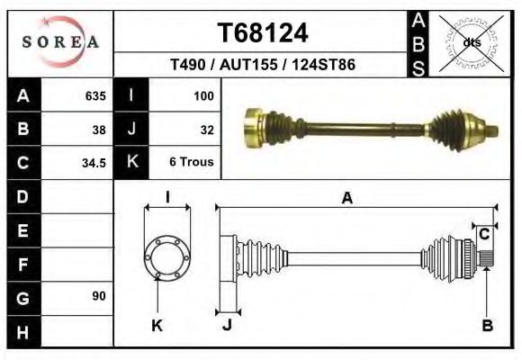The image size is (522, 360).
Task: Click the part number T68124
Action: (x=263, y=33)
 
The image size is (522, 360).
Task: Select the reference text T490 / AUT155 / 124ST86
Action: (x=263, y=66)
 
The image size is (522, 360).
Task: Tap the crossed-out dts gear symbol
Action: (x=470, y=41)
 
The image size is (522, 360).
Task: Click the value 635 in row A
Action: (x=94, y=96)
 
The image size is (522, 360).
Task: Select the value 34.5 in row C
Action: (x=94, y=164)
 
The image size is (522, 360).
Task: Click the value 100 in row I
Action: (x=202, y=96)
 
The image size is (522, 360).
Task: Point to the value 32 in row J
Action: (x=206, y=130)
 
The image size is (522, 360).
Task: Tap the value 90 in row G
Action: (x=99, y=296)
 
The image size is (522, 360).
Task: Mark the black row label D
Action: (x=22, y=196)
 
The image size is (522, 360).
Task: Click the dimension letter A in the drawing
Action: (x=346, y=200)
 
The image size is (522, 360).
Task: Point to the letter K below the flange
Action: (x=156, y=326)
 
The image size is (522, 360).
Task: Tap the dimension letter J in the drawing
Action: (x=227, y=326)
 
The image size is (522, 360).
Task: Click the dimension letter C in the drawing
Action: (x=484, y=234)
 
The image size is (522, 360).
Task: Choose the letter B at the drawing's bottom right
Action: (x=487, y=326)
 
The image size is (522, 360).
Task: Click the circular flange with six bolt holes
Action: (x=167, y=256)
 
